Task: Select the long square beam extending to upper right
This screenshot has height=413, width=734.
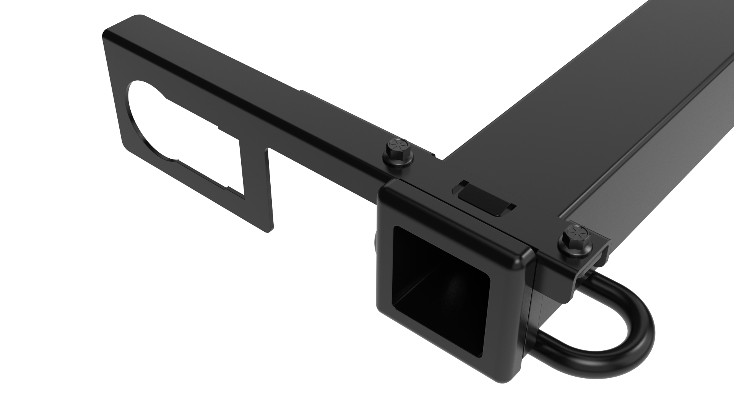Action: [x=612, y=115]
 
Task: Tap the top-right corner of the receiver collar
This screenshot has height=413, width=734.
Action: [x=529, y=252]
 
